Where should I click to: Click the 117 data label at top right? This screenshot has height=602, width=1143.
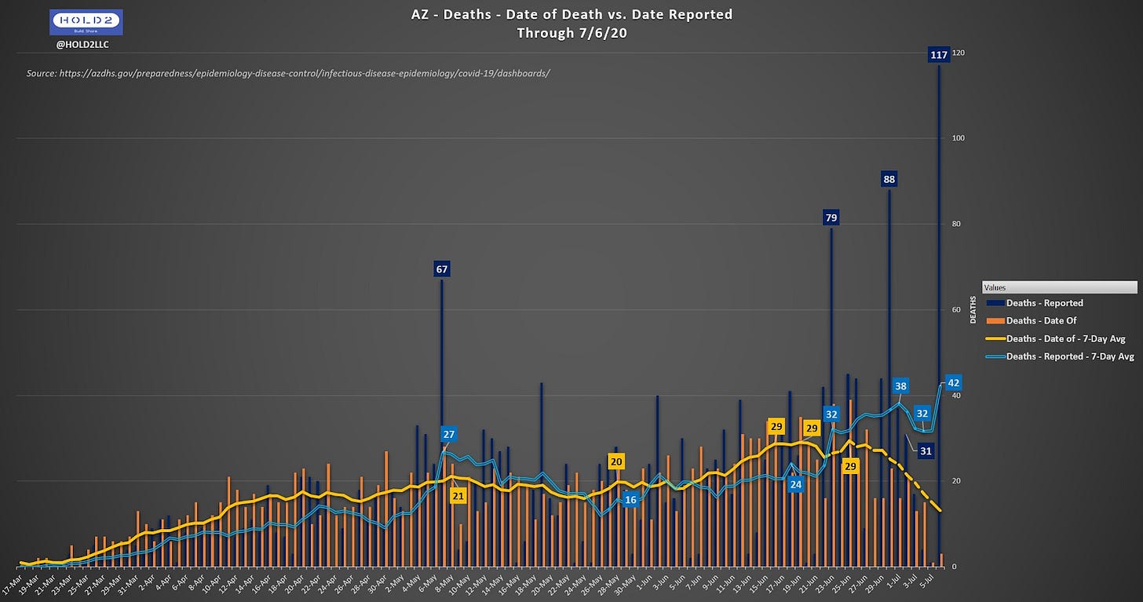938,55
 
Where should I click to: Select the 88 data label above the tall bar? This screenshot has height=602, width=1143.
889,179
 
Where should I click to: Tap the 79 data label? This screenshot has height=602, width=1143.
831,217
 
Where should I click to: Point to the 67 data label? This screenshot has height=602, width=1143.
441,269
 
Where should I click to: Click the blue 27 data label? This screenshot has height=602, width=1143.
448,434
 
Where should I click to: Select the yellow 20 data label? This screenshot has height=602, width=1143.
615,462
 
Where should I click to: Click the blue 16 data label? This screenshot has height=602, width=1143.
630,500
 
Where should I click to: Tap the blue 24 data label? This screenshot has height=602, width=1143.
796,484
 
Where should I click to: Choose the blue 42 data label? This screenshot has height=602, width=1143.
954,383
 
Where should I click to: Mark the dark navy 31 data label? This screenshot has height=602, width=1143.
926,451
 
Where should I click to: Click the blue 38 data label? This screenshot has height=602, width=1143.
900,386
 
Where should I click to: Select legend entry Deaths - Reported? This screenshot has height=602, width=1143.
1044,303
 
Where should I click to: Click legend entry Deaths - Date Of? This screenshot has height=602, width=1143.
1041,320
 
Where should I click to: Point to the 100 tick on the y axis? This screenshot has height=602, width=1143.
958,139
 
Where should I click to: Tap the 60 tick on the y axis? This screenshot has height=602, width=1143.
955,310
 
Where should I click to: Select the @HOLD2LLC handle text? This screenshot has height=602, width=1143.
82,44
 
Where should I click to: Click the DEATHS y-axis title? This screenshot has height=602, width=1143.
973,310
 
